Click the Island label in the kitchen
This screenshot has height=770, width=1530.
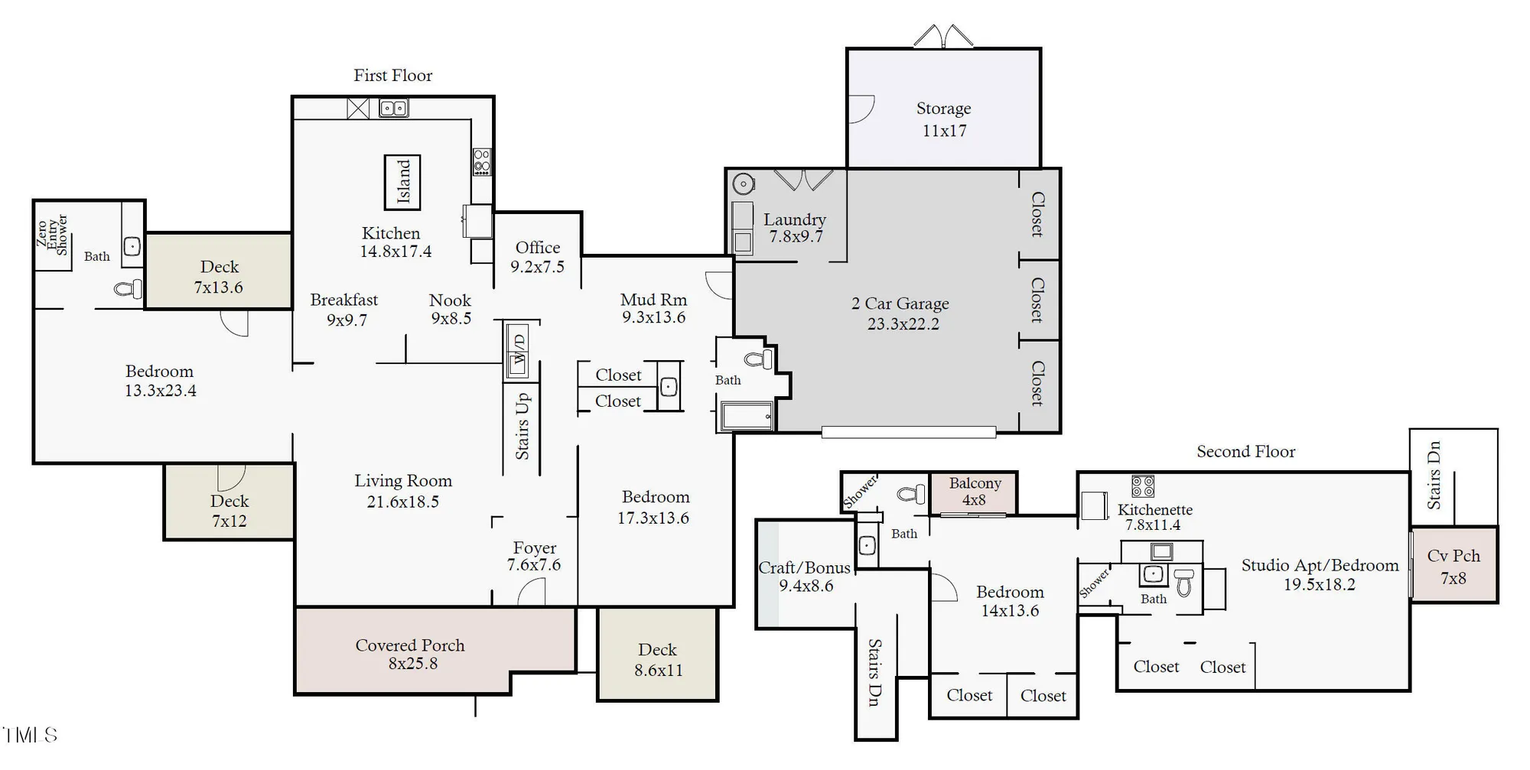coord(403,182)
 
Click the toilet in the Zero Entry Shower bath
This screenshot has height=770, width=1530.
coord(128,289)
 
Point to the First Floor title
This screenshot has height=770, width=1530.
coord(392,75)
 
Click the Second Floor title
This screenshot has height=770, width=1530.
coord(1245,451)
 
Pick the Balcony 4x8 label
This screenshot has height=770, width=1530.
coord(974,491)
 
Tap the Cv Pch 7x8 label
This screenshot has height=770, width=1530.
coord(1453,566)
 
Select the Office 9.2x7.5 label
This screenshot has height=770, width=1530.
coord(537,257)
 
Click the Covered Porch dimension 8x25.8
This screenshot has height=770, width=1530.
coord(412,664)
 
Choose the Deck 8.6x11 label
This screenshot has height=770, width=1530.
coord(657,659)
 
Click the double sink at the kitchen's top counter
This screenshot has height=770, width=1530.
coord(394,109)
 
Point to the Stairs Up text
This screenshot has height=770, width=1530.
coord(522,426)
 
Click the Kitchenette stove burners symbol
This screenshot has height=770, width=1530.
coord(1142,486)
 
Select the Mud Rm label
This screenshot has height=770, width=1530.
coord(653,300)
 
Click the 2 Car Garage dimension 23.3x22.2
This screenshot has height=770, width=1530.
coord(903,323)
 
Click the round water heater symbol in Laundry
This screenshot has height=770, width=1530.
coord(743,184)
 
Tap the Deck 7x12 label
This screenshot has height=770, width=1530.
coord(229,511)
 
